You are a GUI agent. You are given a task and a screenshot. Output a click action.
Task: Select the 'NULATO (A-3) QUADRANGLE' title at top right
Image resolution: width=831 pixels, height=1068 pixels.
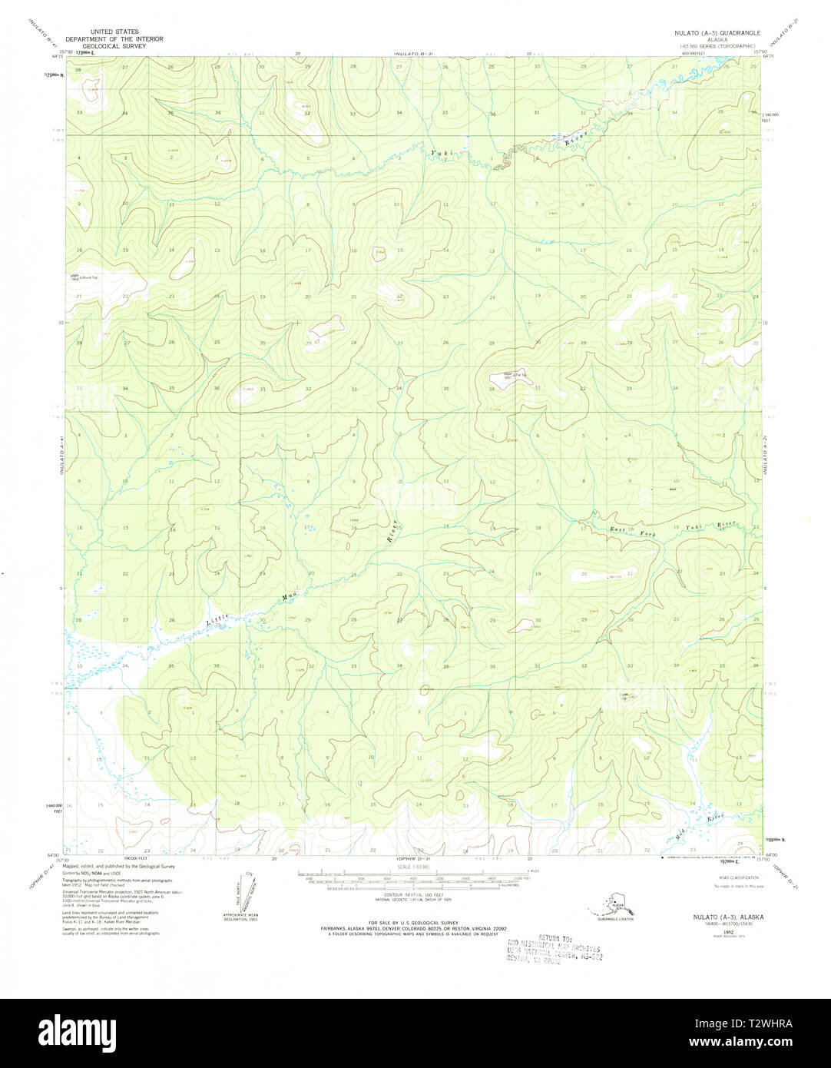(719, 34)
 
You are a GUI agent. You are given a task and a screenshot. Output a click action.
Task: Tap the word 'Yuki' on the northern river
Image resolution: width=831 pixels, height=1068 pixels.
(439, 154)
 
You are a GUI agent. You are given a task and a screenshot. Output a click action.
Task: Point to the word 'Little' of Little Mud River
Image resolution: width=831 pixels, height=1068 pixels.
(218, 620)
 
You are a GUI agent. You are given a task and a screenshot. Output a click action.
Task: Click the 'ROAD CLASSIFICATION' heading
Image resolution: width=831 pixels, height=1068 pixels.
(738, 877)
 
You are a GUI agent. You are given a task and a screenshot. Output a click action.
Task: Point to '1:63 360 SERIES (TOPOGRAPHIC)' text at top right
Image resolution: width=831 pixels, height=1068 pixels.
(719, 46)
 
